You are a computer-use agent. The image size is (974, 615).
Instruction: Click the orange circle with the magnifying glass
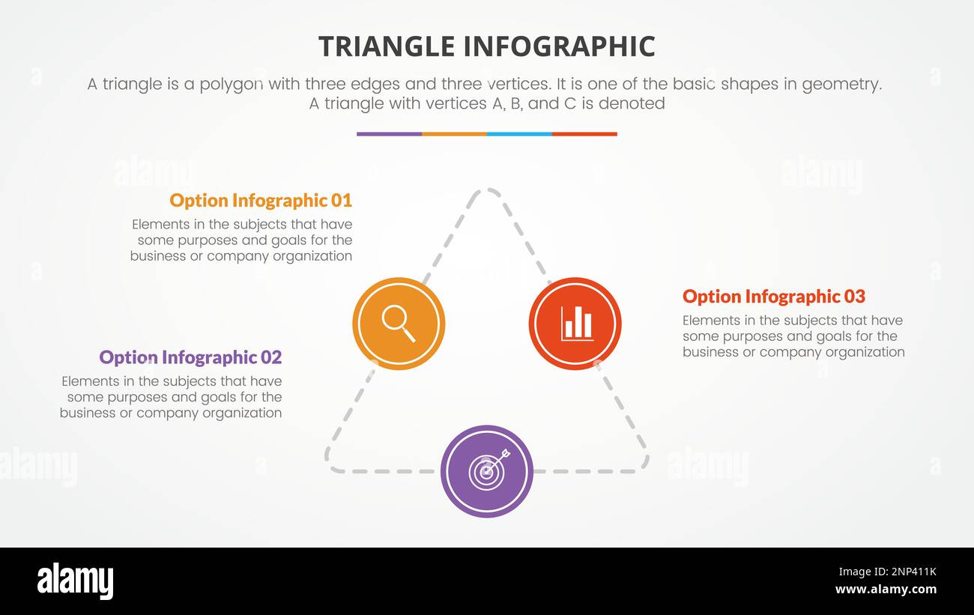pos(399,324)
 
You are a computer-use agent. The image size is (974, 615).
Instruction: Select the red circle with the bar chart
pos(575,324)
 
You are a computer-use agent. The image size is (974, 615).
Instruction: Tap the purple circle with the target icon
pos(486,471)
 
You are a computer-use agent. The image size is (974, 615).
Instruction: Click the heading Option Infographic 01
pos(260,201)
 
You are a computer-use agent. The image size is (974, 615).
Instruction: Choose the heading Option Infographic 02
pos(190,357)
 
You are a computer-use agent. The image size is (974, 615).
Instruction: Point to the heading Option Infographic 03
pos(773,297)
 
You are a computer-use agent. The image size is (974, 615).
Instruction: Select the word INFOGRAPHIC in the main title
pos(558,46)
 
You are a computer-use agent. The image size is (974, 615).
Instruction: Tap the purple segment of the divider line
pos(389,134)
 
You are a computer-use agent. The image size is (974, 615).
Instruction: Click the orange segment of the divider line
pos(454,134)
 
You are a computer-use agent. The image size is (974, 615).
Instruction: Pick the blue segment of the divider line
pos(518,134)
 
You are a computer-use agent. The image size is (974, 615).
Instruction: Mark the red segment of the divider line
pos(584,134)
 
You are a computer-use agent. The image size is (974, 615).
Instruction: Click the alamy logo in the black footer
pos(75,581)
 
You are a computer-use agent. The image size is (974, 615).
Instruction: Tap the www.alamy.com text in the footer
pos(886,590)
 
